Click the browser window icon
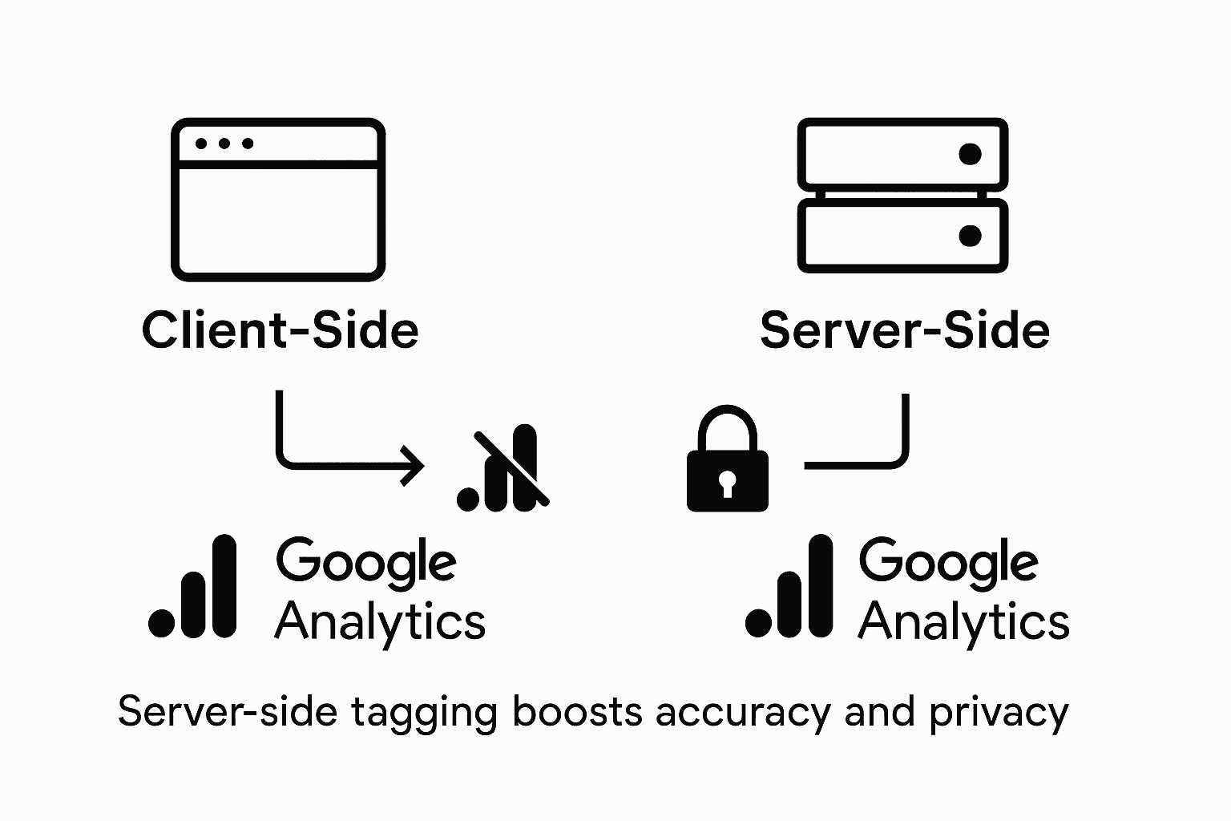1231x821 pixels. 278,200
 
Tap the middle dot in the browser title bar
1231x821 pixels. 224,144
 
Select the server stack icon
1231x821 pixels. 902,196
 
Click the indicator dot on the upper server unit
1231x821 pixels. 970,154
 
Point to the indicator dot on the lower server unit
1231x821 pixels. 970,236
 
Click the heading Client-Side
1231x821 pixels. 280,330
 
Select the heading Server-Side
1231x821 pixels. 905,330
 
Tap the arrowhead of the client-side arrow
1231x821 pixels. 414,465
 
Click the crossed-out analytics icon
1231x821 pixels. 503,471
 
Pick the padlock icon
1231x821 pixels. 728,460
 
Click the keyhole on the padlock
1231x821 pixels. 727,483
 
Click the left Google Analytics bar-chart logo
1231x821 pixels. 193,587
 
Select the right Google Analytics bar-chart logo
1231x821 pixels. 789,587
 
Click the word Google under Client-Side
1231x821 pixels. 366,562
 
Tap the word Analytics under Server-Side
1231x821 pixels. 963,622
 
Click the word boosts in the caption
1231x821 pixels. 577,712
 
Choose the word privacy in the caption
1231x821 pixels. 999,713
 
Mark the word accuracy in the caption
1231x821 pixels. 742,713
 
